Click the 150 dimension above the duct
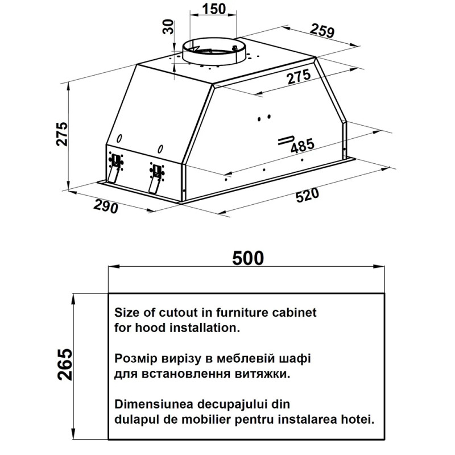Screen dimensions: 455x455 click(x=214, y=9)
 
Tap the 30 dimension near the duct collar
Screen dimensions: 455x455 click(x=168, y=27)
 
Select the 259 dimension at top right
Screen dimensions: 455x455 click(x=322, y=31)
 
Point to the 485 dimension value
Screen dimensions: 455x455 click(x=303, y=146)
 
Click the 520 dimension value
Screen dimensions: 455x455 click(x=307, y=195)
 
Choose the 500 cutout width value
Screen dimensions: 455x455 click(x=248, y=258)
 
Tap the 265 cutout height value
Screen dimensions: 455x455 click(x=65, y=365)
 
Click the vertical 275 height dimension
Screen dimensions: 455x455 click(x=62, y=134)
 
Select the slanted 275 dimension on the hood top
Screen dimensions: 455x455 click(x=299, y=77)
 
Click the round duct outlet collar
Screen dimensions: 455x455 click(x=214, y=52)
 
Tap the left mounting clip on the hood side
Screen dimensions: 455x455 click(x=115, y=168)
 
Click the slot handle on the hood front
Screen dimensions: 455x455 click(x=286, y=140)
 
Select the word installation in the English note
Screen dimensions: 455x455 click(x=205, y=328)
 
